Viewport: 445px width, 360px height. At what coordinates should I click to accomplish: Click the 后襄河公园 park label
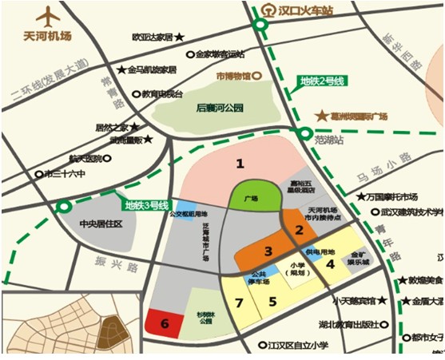click(219, 108)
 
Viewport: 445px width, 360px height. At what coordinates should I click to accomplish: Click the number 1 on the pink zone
click(239, 164)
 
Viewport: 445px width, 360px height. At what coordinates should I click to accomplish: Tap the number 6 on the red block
click(165, 323)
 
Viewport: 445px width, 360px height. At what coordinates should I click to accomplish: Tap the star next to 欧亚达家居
click(180, 37)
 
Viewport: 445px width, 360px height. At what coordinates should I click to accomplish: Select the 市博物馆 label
click(233, 77)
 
